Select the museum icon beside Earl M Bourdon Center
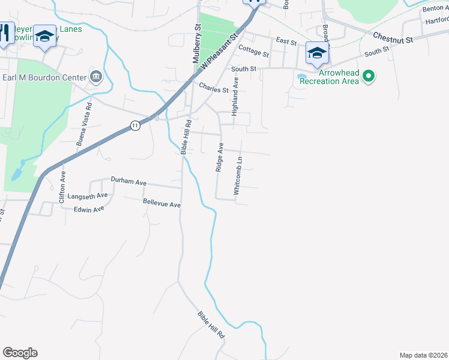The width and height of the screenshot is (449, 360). [x=95, y=76]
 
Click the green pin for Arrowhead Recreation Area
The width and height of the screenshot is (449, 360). [x=370, y=76]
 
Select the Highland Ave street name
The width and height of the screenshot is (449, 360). [x=236, y=96]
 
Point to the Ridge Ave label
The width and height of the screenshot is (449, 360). [x=220, y=157]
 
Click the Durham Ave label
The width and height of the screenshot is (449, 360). [x=128, y=180]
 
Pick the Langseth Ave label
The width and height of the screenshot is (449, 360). [x=88, y=196]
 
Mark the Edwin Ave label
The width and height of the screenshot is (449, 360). [x=89, y=209]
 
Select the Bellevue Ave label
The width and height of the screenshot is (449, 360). [x=161, y=205]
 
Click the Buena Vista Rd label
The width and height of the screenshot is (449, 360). [x=85, y=124]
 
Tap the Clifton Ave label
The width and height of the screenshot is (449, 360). [x=63, y=187]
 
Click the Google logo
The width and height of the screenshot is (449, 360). [x=20, y=353]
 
